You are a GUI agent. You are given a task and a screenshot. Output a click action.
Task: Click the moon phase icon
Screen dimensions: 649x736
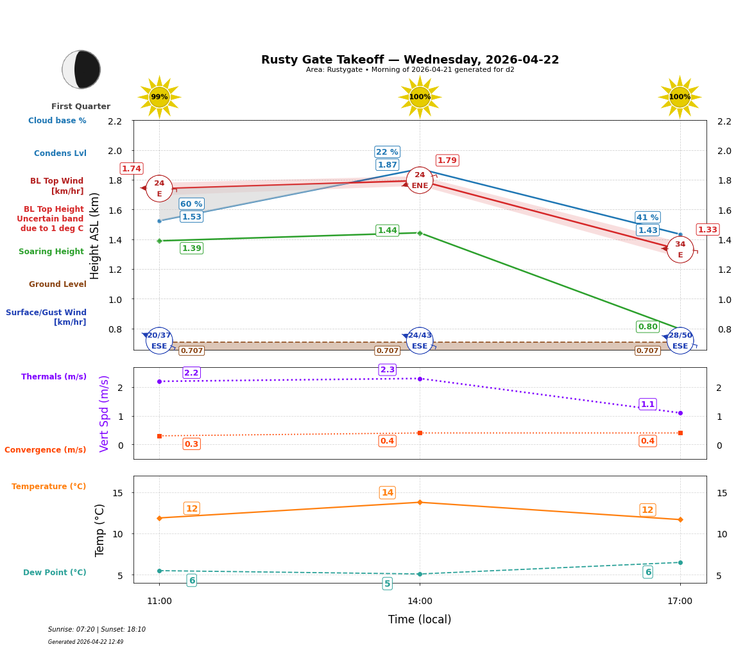[x=81, y=69]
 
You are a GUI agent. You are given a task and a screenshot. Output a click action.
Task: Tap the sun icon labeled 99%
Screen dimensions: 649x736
[x=159, y=97]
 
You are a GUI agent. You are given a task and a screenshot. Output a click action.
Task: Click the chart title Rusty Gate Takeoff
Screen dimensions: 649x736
[x=409, y=60]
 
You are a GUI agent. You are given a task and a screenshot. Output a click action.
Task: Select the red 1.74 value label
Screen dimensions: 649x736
[x=132, y=169]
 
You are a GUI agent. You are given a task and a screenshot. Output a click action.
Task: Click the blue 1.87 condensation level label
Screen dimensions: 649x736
[x=387, y=165]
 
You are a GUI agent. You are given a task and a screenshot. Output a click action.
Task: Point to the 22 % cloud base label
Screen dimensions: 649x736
[x=387, y=152]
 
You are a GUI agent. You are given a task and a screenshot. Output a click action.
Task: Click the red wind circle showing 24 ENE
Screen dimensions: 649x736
[x=420, y=180]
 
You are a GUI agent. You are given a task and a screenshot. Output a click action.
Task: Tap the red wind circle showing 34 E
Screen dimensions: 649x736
[x=680, y=250]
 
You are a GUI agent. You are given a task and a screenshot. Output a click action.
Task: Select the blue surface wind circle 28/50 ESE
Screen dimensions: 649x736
[x=680, y=341]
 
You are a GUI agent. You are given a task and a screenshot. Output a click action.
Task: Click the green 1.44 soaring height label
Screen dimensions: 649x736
[x=387, y=230]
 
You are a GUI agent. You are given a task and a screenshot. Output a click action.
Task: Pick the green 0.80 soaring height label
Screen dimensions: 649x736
[x=647, y=327]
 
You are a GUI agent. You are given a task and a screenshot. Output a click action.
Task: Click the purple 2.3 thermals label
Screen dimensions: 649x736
[x=388, y=370]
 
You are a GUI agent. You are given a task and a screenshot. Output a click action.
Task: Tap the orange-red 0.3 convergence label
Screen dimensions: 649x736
[x=191, y=444]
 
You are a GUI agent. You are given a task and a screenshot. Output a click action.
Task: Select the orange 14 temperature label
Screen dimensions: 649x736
[x=388, y=493]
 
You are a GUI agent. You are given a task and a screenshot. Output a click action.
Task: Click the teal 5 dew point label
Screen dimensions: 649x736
[x=387, y=584]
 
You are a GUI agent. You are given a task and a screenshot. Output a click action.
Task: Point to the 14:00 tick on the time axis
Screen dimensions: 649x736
[x=420, y=601]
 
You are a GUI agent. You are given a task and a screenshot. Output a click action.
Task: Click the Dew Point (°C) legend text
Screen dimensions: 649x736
[x=55, y=573]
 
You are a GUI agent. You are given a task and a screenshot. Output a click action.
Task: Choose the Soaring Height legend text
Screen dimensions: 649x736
[x=51, y=252]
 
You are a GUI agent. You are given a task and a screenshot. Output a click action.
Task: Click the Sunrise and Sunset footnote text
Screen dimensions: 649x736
[x=97, y=630]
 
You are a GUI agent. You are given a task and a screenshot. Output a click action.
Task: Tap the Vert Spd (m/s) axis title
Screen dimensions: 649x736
[x=105, y=413]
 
